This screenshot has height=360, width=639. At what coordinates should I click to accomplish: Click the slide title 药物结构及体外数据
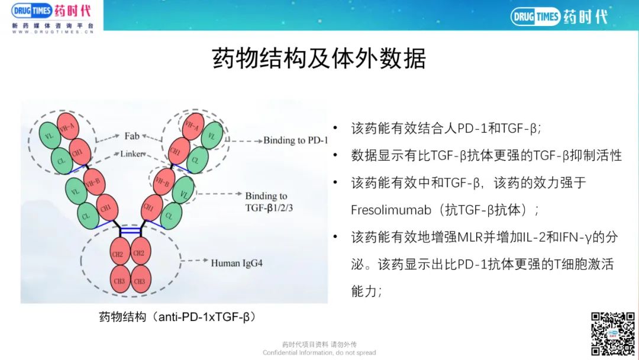coord(319,58)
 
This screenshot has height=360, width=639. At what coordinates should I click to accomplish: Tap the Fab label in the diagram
coord(131,136)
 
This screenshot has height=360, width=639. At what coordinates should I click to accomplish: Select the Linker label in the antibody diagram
coord(132,154)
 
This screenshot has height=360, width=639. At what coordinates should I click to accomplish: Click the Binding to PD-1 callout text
coord(295,140)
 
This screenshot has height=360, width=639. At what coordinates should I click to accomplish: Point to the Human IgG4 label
coord(236,263)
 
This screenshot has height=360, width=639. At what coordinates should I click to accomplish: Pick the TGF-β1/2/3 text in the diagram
coord(269,208)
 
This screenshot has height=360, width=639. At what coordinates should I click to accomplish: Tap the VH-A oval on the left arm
coord(67,127)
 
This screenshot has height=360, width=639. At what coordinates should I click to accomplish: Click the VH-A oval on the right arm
coord(192,126)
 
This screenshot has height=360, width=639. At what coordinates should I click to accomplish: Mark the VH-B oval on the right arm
coord(164,182)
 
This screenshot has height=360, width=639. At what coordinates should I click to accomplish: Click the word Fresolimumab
coord(391,210)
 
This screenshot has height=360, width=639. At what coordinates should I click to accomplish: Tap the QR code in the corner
coord(613,333)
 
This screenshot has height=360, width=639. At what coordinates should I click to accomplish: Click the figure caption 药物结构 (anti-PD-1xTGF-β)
coord(177,317)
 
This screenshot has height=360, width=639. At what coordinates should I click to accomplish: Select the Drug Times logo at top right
coord(559,17)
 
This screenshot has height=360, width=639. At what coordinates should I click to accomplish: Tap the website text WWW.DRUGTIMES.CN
coord(53,32)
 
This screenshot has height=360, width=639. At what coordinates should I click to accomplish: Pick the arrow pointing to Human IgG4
coord(195,260)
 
